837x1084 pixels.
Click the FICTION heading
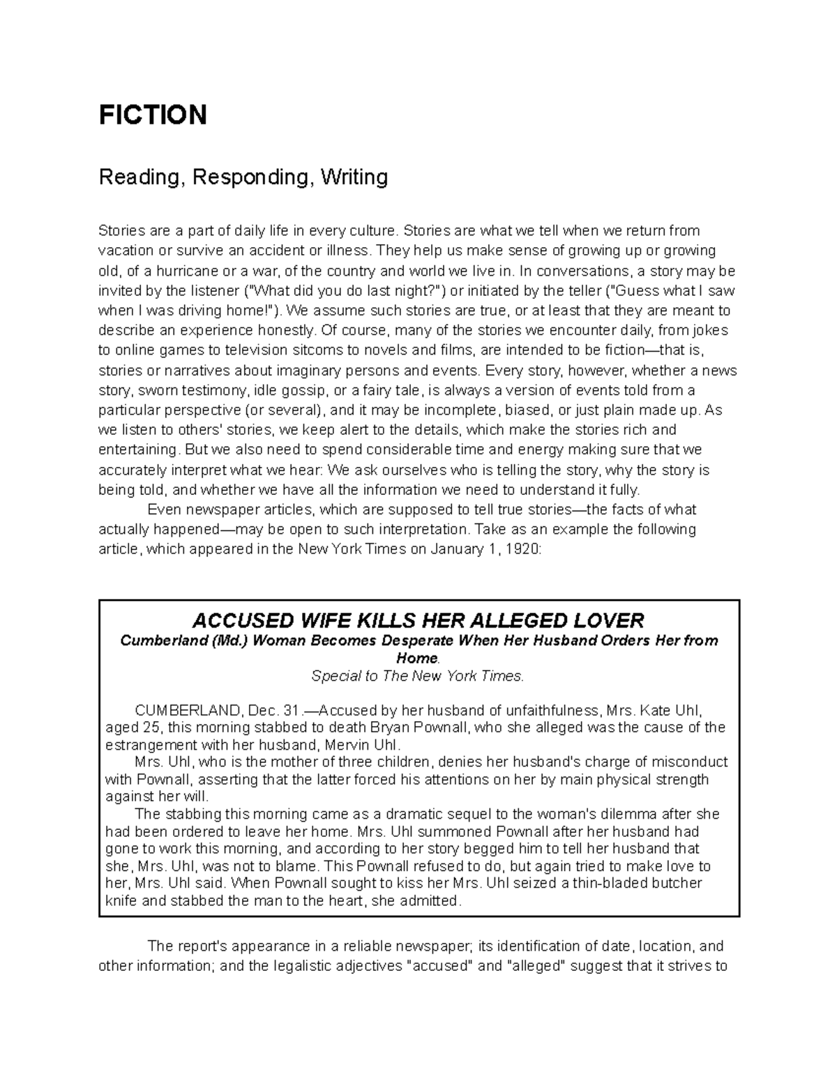[153, 114]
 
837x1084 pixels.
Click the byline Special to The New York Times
[417, 676]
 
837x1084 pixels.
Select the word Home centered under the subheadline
[416, 658]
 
